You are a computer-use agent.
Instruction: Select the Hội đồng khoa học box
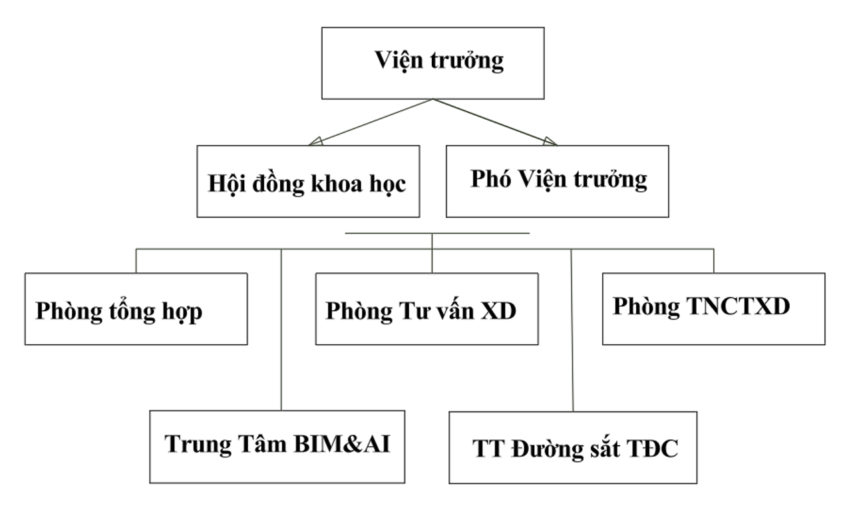coord(308,181)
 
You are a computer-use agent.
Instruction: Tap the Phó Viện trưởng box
coord(557,181)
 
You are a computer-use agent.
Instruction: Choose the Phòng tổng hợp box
coord(136,308)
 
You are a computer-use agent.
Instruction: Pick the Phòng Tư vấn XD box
coord(427,308)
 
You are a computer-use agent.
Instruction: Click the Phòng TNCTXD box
coord(713,308)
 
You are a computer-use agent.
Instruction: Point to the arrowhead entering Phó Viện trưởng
coord(550,140)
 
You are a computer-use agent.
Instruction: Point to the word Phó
coord(492,179)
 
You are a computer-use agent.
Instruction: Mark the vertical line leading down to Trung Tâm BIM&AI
coord(281,333)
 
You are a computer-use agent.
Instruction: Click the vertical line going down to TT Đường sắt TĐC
coord(572,333)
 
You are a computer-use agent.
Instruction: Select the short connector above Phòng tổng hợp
coord(136,261)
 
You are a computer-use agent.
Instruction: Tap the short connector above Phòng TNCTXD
coord(713,261)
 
